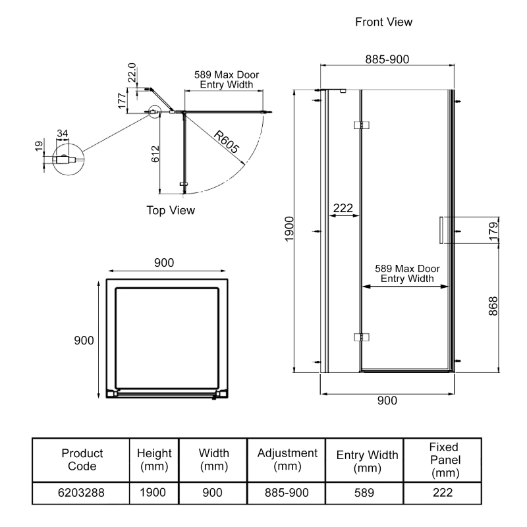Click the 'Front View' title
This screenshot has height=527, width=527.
[x=383, y=22]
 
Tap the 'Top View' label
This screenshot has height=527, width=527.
[x=171, y=210]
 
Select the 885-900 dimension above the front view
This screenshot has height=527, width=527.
[x=387, y=59]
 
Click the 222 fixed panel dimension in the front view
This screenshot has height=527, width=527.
[x=343, y=208]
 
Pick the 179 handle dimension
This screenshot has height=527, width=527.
[x=493, y=231]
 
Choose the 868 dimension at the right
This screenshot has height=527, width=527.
[x=493, y=307]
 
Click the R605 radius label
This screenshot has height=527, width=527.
[x=226, y=140]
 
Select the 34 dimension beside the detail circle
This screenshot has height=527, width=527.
[x=63, y=134]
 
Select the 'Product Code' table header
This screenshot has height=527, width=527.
[x=82, y=460]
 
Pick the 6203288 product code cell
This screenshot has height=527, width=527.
[x=82, y=492]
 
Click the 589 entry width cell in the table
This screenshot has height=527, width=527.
[x=367, y=492]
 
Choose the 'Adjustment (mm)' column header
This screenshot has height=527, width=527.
[x=287, y=460]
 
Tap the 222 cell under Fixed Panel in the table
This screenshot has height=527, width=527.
[x=443, y=492]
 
